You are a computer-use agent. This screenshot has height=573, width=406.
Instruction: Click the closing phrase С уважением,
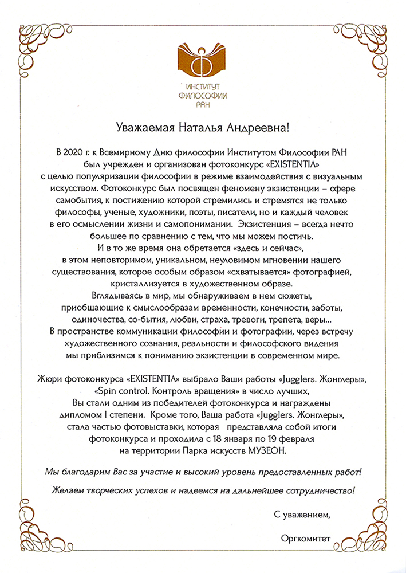click(x=302, y=513)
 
